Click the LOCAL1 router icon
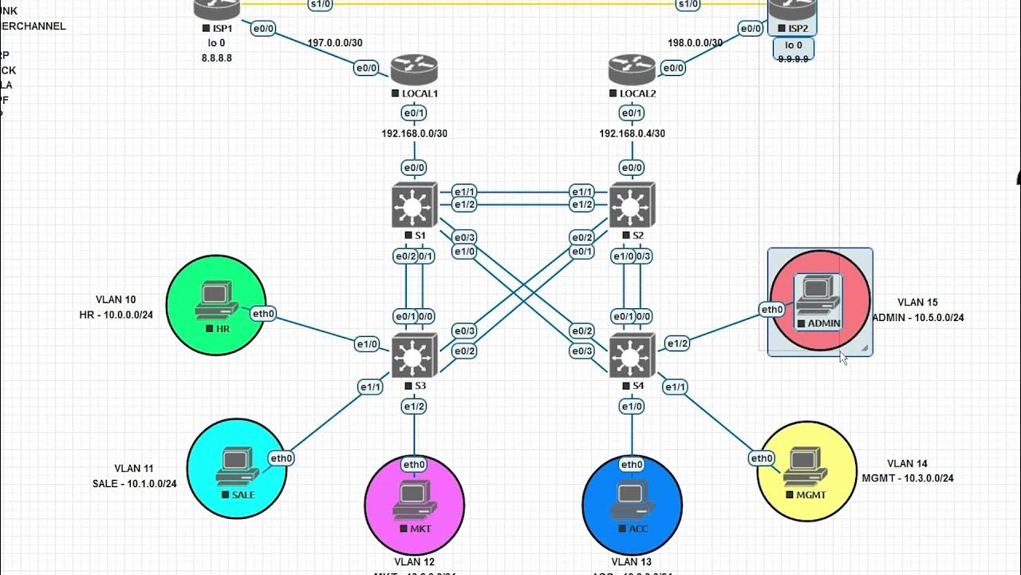[414, 69]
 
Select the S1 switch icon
[414, 206]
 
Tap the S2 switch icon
[632, 206]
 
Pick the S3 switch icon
[414, 355]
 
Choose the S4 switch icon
[632, 355]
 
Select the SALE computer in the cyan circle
[236, 466]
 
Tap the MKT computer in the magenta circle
[414, 500]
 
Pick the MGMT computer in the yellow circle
[806, 466]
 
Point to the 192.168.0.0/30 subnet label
[414, 133]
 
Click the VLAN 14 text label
[907, 463]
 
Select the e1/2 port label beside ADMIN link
[676, 343]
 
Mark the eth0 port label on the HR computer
[263, 314]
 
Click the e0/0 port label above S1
[414, 168]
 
